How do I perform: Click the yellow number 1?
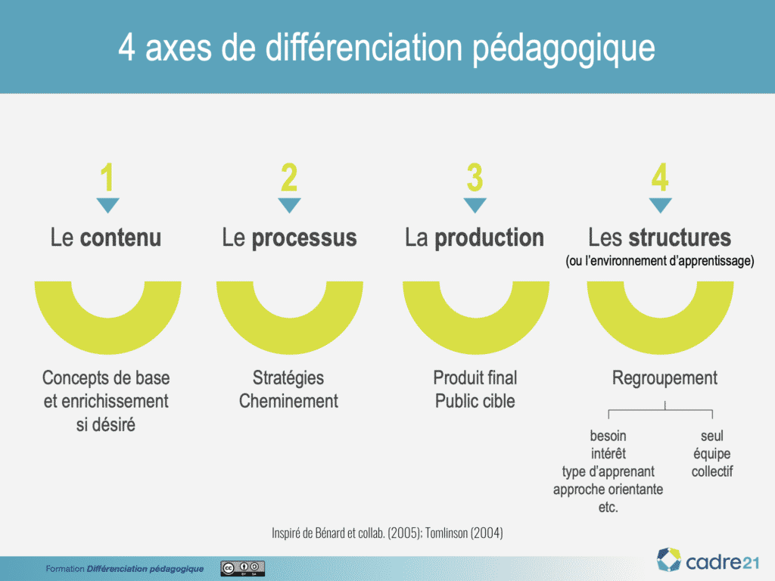pyautogui.click(x=107, y=177)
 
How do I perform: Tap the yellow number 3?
pyautogui.click(x=475, y=177)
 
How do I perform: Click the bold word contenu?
pyautogui.click(x=120, y=238)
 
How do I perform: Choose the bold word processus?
pyautogui.click(x=304, y=238)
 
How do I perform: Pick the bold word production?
pyautogui.click(x=490, y=238)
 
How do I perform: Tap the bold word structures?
pyautogui.click(x=680, y=238)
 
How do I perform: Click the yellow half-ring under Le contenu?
pyautogui.click(x=107, y=341)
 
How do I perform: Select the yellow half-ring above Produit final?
pyautogui.click(x=475, y=341)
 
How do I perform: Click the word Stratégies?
pyautogui.click(x=288, y=378)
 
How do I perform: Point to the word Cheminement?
pyautogui.click(x=288, y=401)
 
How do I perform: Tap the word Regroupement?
pyautogui.click(x=665, y=378)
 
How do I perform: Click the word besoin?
pyautogui.click(x=608, y=436)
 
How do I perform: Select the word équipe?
pyautogui.click(x=711, y=454)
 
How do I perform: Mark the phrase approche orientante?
pyautogui.click(x=608, y=489)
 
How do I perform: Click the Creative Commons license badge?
pyautogui.click(x=242, y=568)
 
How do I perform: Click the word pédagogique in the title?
pyautogui.click(x=564, y=48)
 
